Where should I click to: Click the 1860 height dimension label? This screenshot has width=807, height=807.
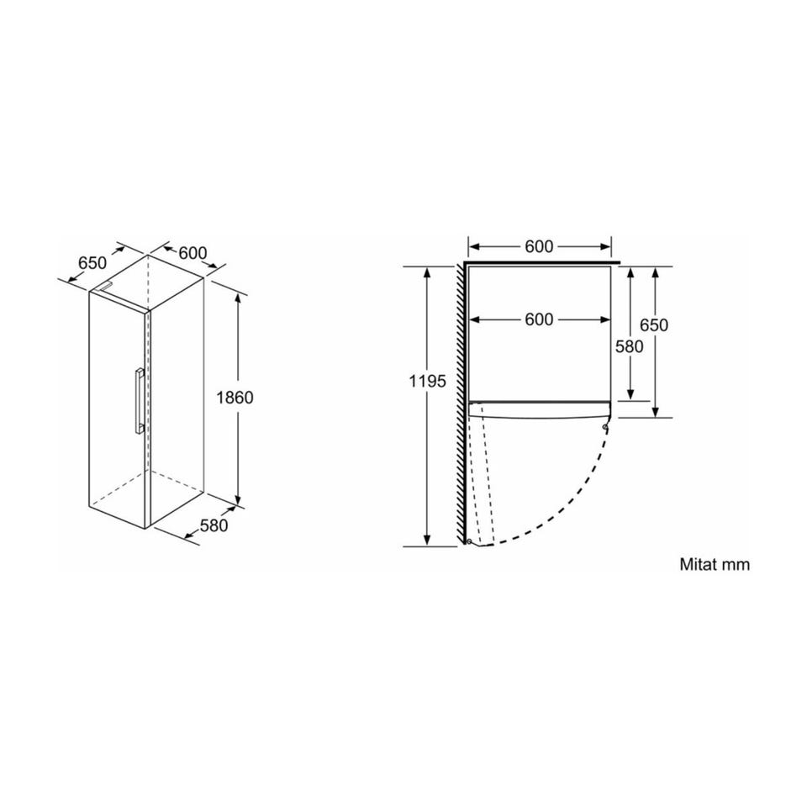tap(235, 398)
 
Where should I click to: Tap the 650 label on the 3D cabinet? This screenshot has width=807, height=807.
tap(92, 263)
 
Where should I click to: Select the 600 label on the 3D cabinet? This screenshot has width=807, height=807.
tap(193, 253)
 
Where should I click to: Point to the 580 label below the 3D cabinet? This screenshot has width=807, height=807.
tap(214, 525)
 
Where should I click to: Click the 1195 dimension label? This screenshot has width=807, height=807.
tap(428, 382)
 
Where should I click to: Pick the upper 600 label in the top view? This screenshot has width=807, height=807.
tap(539, 247)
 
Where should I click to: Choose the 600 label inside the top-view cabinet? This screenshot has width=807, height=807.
tap(539, 319)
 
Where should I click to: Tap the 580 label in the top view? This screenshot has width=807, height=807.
tap(630, 347)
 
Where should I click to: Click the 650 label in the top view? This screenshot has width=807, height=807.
tap(654, 325)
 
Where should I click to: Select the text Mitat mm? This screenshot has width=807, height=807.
tap(715, 564)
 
